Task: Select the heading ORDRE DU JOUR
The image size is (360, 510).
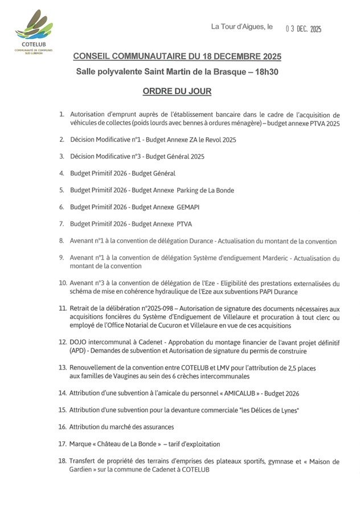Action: (x=177, y=91)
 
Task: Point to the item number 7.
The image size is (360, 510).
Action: (x=62, y=224)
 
